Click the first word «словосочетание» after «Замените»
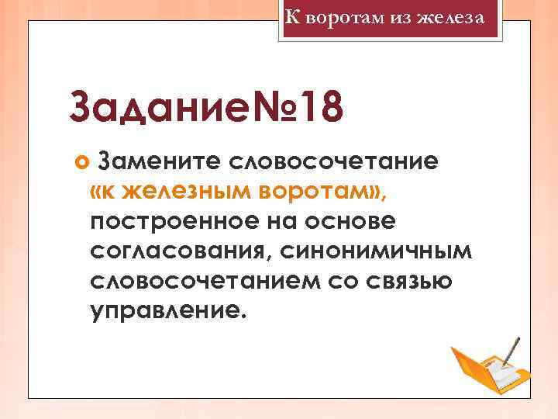(x=334, y=161)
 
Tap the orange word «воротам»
(x=319, y=191)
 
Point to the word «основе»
(x=354, y=221)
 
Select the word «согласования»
(x=179, y=251)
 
